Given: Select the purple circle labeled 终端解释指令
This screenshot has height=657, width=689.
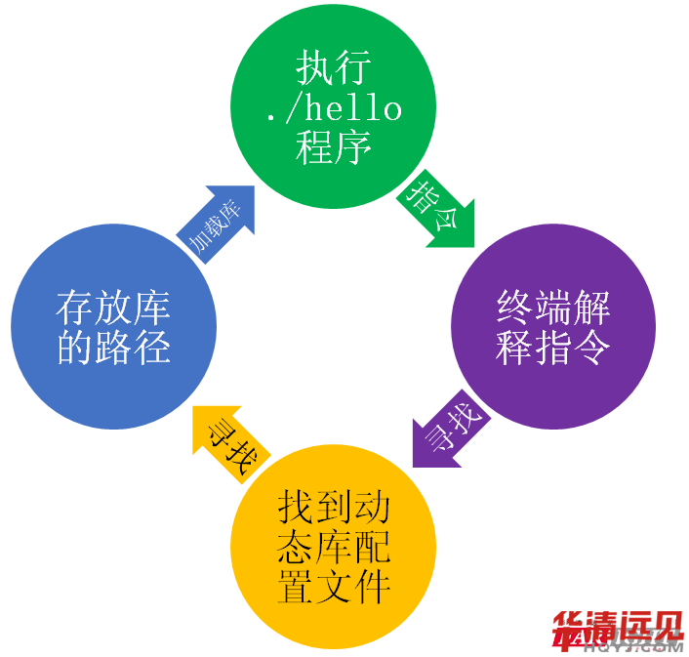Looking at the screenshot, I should pos(553,327).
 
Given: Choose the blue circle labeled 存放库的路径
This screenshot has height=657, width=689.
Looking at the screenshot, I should pos(113,327).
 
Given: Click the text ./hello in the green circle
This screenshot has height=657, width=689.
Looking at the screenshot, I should pos(334,107).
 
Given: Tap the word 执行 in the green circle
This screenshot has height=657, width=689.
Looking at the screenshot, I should pos(334,68).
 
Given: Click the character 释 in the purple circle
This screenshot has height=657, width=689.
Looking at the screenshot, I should pos(514,348).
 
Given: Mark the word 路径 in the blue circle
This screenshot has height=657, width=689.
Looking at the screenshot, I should pos(133,348).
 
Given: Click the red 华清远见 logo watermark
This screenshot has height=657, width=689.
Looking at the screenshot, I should pos(618,630).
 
